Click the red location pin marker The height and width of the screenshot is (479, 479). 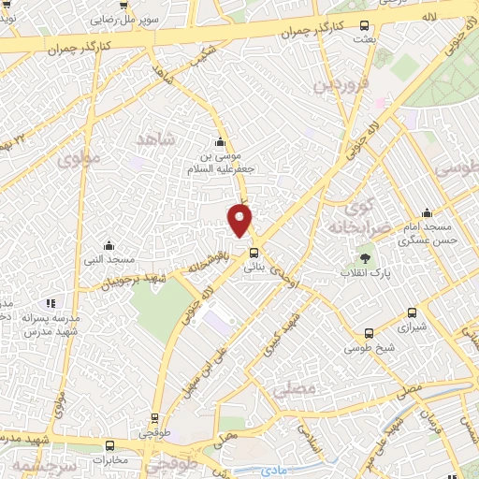click(x=240, y=221)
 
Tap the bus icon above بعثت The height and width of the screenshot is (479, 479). click(x=363, y=27)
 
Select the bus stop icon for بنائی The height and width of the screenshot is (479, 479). click(x=254, y=251)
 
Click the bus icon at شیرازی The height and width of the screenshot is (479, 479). click(x=413, y=313)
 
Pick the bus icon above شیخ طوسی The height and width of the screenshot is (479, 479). click(x=369, y=332)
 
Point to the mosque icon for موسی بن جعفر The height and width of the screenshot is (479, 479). click(x=220, y=142)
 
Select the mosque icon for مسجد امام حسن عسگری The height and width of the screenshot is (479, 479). click(x=427, y=212)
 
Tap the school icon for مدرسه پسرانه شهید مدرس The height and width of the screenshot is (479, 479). click(x=51, y=303)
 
